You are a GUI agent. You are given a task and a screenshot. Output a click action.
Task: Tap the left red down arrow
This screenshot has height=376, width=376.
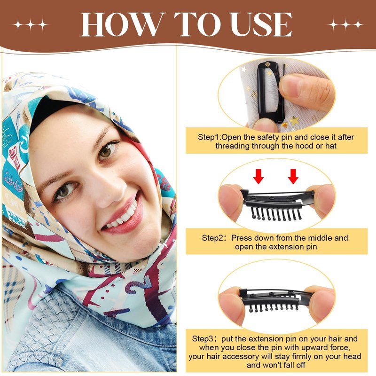258,177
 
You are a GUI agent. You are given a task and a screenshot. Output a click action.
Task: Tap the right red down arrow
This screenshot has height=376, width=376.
293,177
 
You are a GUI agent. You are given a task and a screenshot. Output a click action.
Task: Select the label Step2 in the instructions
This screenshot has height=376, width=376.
212,238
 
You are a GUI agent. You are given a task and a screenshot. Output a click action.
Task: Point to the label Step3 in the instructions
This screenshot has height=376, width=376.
203,338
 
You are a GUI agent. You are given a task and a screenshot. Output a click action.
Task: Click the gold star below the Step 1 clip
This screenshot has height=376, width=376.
295,121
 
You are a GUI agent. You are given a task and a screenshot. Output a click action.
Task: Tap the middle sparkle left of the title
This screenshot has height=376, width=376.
31,24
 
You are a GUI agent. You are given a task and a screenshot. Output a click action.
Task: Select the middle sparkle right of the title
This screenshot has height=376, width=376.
345,24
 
